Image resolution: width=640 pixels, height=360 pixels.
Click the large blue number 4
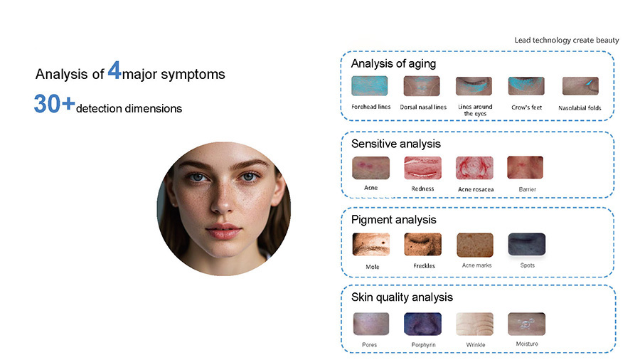pyautogui.click(x=114, y=70)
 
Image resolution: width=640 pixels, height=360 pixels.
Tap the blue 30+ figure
pyautogui.click(x=54, y=103)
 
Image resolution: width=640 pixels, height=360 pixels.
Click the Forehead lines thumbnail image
pyautogui.click(x=369, y=85)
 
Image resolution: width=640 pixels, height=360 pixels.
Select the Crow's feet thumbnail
pyautogui.click(x=526, y=86)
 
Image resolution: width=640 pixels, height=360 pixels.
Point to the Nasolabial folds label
pyautogui.click(x=580, y=108)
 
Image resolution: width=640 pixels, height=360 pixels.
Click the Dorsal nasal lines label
pyautogui.click(x=423, y=107)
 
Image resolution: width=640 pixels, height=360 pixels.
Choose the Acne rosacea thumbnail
pyautogui.click(x=474, y=168)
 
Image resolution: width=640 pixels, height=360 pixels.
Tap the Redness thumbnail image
pyautogui.click(x=422, y=168)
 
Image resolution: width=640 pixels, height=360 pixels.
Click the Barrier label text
pyautogui.click(x=528, y=189)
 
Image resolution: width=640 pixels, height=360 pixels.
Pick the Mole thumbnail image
pyautogui.click(x=370, y=245)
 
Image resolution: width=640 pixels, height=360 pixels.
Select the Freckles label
pyautogui.click(x=424, y=265)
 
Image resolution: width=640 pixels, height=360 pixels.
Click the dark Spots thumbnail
pyautogui.click(x=526, y=244)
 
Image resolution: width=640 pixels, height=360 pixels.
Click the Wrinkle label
pyautogui.click(x=476, y=345)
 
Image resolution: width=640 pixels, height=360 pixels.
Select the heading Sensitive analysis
pyautogui.click(x=396, y=144)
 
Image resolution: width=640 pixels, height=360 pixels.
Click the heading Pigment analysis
pyautogui.click(x=394, y=220)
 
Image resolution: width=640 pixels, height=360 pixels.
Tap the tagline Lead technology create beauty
pyautogui.click(x=567, y=40)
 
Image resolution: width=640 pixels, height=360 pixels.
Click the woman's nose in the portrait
pyautogui.click(x=223, y=198)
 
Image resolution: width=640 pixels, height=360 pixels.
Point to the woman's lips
pyautogui.click(x=223, y=231)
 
